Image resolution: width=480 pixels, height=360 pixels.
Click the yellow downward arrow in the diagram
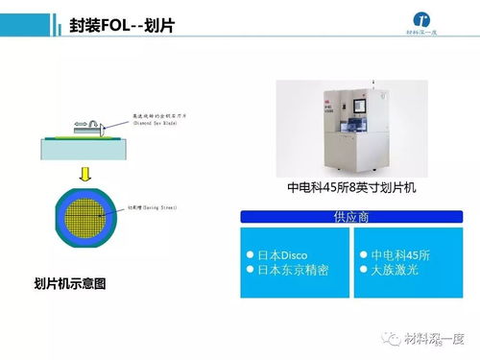[85, 174]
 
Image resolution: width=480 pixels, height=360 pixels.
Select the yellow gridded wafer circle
[85, 220]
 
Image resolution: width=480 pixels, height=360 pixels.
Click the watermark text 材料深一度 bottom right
[434, 337]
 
